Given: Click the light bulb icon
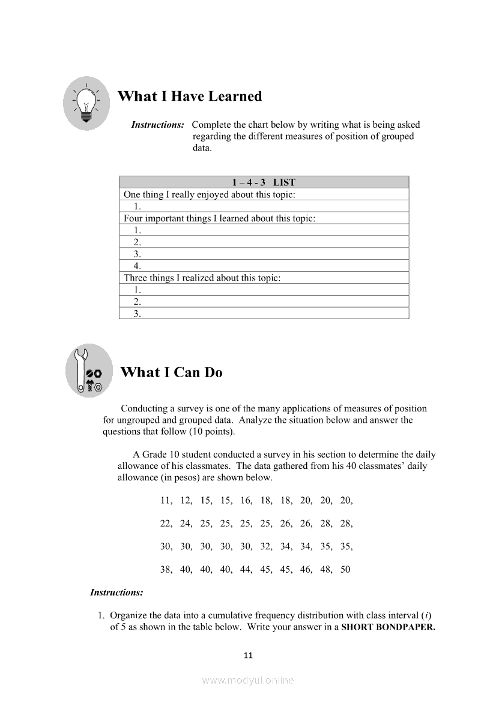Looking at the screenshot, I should click(x=86, y=102).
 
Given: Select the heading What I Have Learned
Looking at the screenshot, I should click(x=190, y=97).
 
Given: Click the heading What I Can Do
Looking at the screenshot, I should click(x=171, y=372).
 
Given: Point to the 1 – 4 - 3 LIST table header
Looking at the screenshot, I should click(x=264, y=182).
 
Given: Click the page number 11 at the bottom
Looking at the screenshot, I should click(x=248, y=655).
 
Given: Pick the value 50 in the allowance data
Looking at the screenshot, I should click(x=345, y=570).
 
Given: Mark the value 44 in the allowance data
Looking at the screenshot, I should click(x=246, y=570).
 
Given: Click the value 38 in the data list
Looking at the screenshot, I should click(x=166, y=570).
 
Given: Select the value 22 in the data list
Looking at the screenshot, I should click(x=166, y=524).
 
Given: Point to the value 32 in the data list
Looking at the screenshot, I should click(x=265, y=546).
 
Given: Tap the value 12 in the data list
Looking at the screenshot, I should click(x=186, y=500).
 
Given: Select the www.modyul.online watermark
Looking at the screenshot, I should click(x=248, y=681).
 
